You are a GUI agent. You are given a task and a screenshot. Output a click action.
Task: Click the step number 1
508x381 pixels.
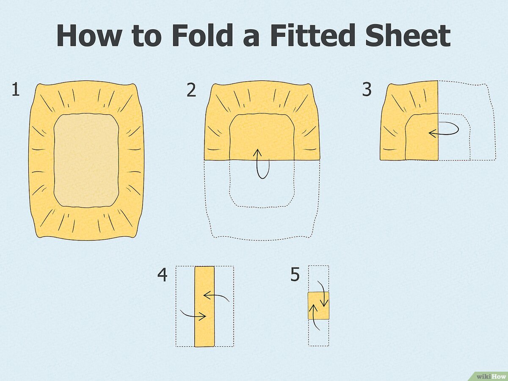coord(16,90)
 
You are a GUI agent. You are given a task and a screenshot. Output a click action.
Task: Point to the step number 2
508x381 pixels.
coord(191,90)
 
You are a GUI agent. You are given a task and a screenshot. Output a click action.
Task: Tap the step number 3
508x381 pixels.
coord(367,90)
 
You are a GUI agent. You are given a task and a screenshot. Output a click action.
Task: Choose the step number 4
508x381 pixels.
coord(162,275)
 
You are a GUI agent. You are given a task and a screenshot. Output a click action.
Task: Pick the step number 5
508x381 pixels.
coord(295,275)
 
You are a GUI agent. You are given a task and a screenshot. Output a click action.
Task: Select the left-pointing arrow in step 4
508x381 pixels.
coord(216,297)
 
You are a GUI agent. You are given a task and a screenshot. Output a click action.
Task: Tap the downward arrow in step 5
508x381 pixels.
coord(323,294)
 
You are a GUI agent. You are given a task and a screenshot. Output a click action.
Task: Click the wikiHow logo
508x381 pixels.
coord(490,375)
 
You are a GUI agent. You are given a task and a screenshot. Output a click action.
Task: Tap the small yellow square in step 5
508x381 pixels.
coord(318,306)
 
